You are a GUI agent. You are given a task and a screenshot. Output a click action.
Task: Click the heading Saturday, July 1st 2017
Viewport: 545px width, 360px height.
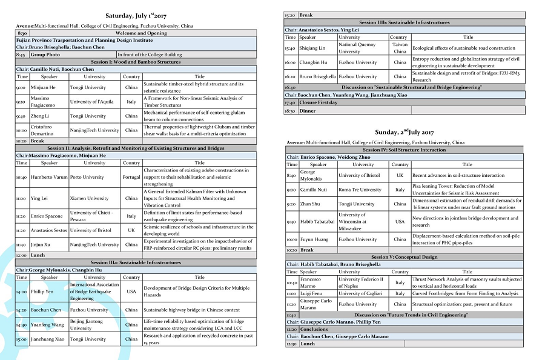(x=136, y=15)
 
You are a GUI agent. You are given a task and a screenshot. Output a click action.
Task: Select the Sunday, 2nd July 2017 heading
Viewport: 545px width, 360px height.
(x=405, y=132)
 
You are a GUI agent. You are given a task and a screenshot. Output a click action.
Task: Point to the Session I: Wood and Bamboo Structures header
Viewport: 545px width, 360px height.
(x=136, y=62)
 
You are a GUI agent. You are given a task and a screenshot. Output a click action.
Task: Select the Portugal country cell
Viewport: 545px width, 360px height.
(x=131, y=178)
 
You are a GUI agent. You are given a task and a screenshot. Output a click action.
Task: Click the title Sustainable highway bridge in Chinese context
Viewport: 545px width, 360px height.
(x=191, y=310)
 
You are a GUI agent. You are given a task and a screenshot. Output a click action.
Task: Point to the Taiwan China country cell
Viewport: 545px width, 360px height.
(x=400, y=48)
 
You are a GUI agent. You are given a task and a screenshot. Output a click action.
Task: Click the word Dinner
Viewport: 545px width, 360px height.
(x=307, y=111)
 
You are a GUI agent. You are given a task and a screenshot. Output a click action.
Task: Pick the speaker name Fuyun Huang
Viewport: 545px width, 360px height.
(x=314, y=239)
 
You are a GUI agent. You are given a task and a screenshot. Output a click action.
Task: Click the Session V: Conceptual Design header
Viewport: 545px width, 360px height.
(x=405, y=257)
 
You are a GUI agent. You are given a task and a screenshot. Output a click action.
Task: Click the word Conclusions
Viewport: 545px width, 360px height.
(x=317, y=329)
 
